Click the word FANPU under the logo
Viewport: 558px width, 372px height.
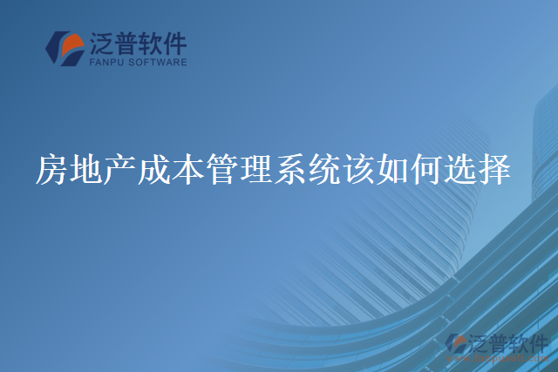[106, 63]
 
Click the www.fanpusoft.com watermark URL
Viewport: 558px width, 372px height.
[495, 357]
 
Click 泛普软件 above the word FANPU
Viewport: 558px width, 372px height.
[137, 43]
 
